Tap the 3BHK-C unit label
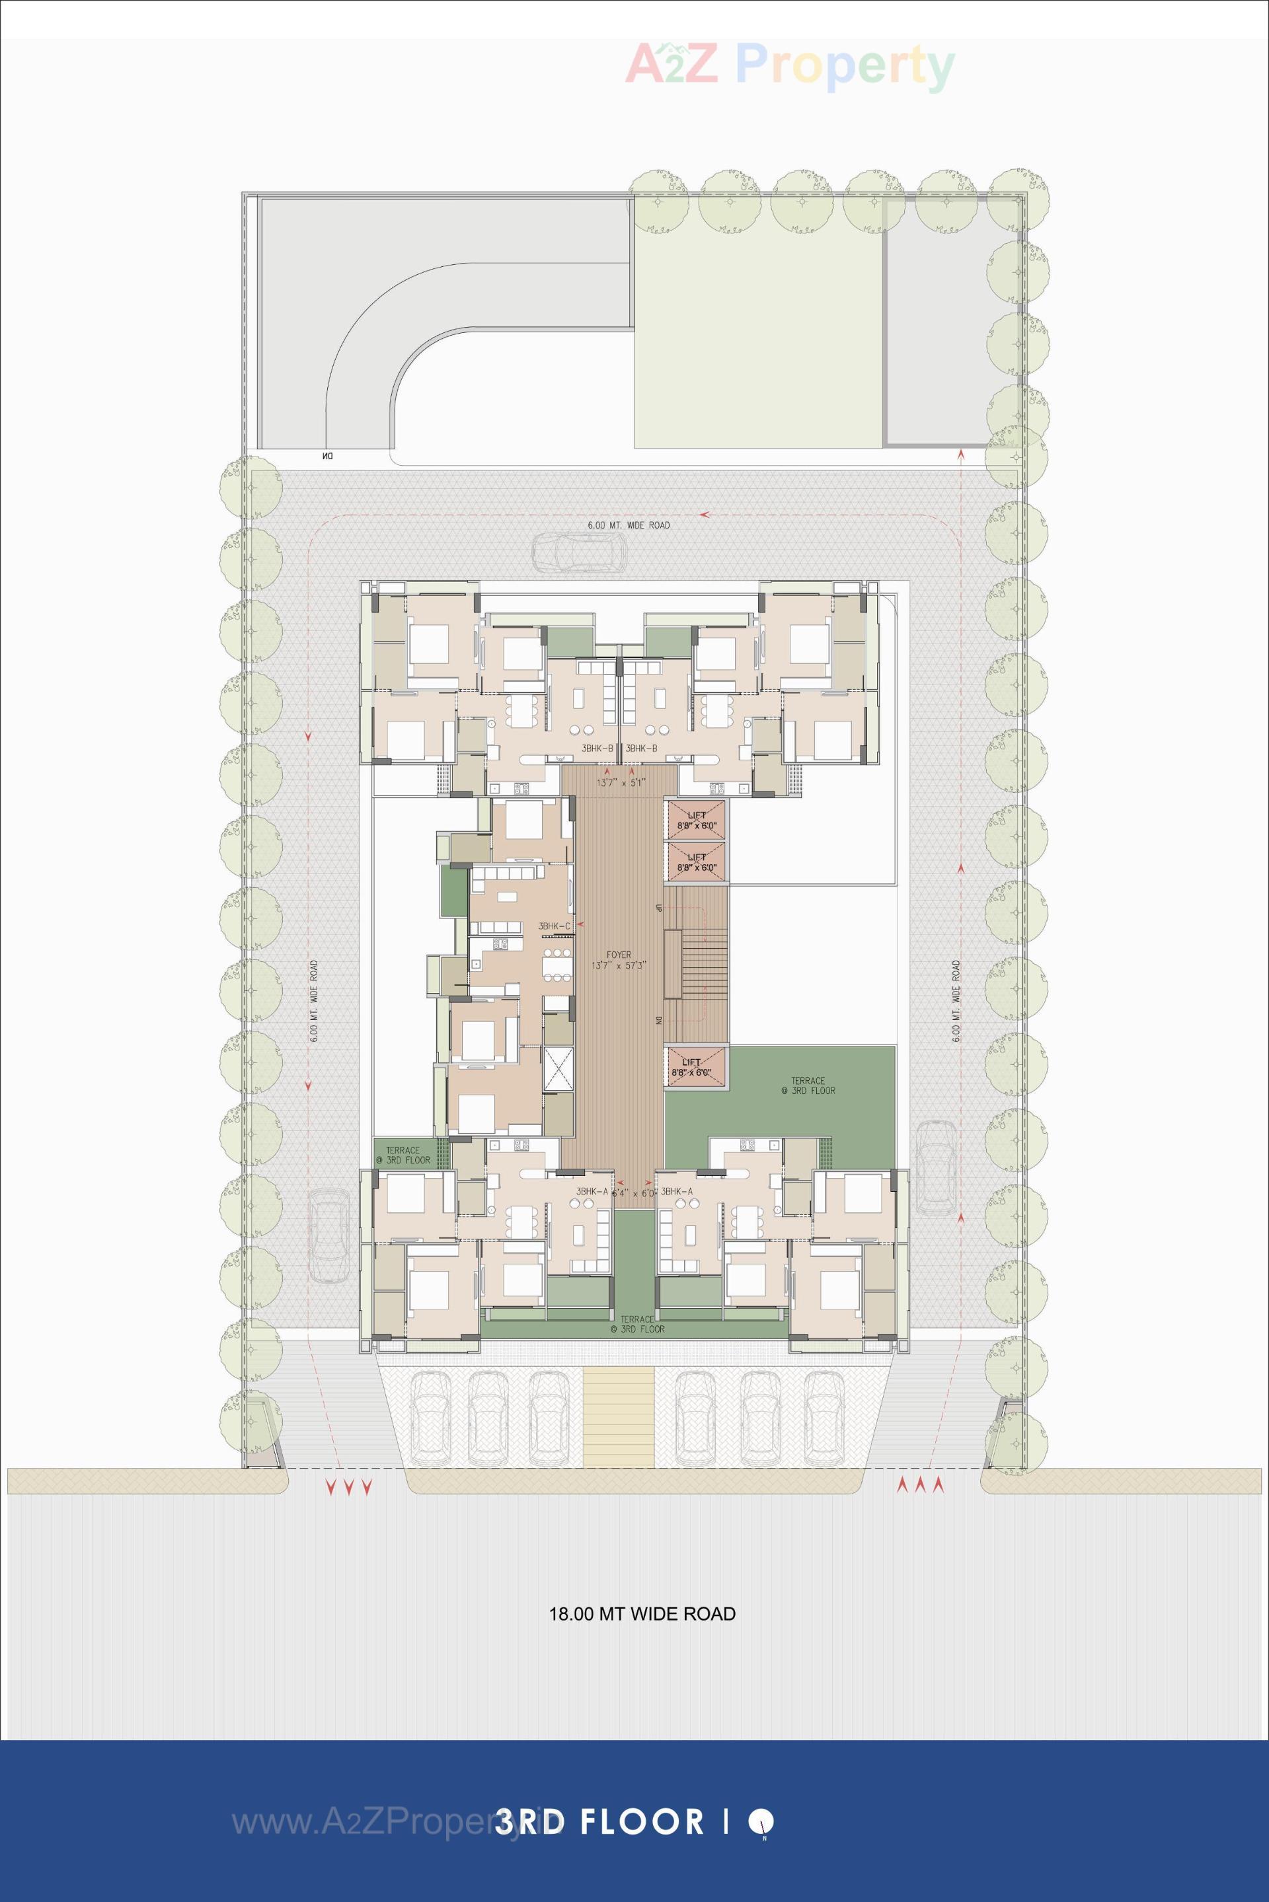coord(555,926)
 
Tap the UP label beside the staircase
coord(659,906)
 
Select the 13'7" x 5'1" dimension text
coord(621,783)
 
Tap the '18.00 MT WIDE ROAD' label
coord(642,1614)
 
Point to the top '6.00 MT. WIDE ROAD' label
coord(628,525)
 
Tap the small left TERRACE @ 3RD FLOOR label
coord(403,1154)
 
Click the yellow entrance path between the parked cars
coord(619,1416)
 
